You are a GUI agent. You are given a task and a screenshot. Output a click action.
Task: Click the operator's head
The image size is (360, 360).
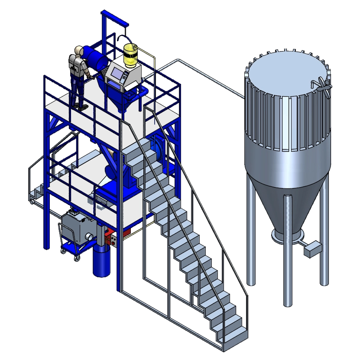[x=78, y=50]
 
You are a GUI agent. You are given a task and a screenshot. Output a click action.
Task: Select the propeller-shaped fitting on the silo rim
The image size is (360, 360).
[x=321, y=84]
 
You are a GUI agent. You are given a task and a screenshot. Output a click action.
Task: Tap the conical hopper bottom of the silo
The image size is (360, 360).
[x=286, y=195]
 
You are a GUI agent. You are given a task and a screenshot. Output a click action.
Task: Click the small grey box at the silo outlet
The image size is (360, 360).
[x=313, y=249]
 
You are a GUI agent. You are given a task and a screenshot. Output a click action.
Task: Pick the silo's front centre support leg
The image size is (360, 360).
[x=288, y=269]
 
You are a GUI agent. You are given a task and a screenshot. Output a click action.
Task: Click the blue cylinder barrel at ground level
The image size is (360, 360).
[x=101, y=263]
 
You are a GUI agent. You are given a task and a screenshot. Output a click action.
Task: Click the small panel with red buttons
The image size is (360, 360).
[x=111, y=240]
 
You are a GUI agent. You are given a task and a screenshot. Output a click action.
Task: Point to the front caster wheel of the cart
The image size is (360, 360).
[x=78, y=259]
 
